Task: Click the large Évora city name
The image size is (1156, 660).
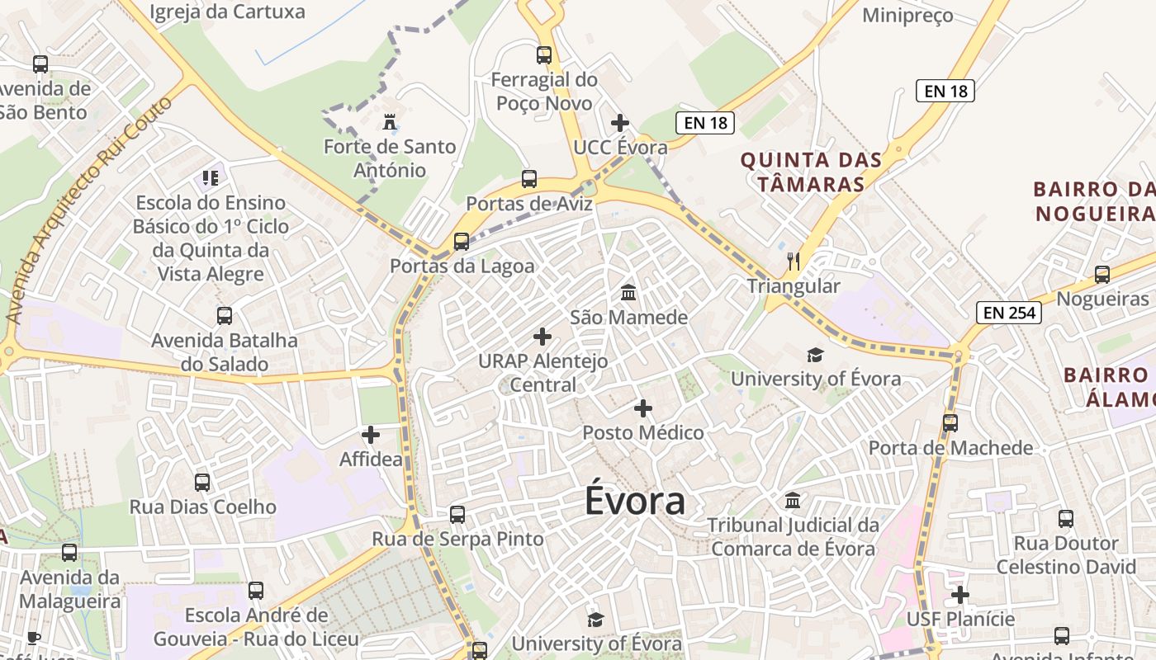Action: tap(635, 501)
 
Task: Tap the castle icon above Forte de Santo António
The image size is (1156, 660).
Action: tap(390, 123)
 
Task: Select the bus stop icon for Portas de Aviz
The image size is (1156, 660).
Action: tap(529, 179)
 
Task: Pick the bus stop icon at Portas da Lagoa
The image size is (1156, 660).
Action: tap(462, 242)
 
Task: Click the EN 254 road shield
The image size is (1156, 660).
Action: tap(1008, 313)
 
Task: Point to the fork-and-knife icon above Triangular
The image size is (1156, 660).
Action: tap(794, 262)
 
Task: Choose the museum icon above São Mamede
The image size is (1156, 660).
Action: tap(628, 293)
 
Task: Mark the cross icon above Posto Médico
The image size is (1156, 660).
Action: tap(643, 408)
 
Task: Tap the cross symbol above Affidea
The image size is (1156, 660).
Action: tap(371, 435)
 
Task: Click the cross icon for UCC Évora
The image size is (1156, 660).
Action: tap(620, 124)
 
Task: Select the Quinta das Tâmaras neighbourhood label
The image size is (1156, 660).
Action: tap(811, 172)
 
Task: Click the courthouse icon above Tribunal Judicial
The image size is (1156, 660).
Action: tap(793, 501)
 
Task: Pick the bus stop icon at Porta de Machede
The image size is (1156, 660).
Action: tap(950, 423)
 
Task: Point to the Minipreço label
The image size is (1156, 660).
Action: tap(907, 15)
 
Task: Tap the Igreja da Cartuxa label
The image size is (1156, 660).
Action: tap(227, 12)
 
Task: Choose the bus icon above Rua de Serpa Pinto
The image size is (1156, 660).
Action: tap(457, 515)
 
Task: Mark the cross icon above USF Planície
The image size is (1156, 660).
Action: tap(960, 595)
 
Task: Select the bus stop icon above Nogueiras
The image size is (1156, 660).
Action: tap(1102, 275)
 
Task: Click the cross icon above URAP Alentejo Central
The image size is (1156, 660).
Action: tap(542, 337)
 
